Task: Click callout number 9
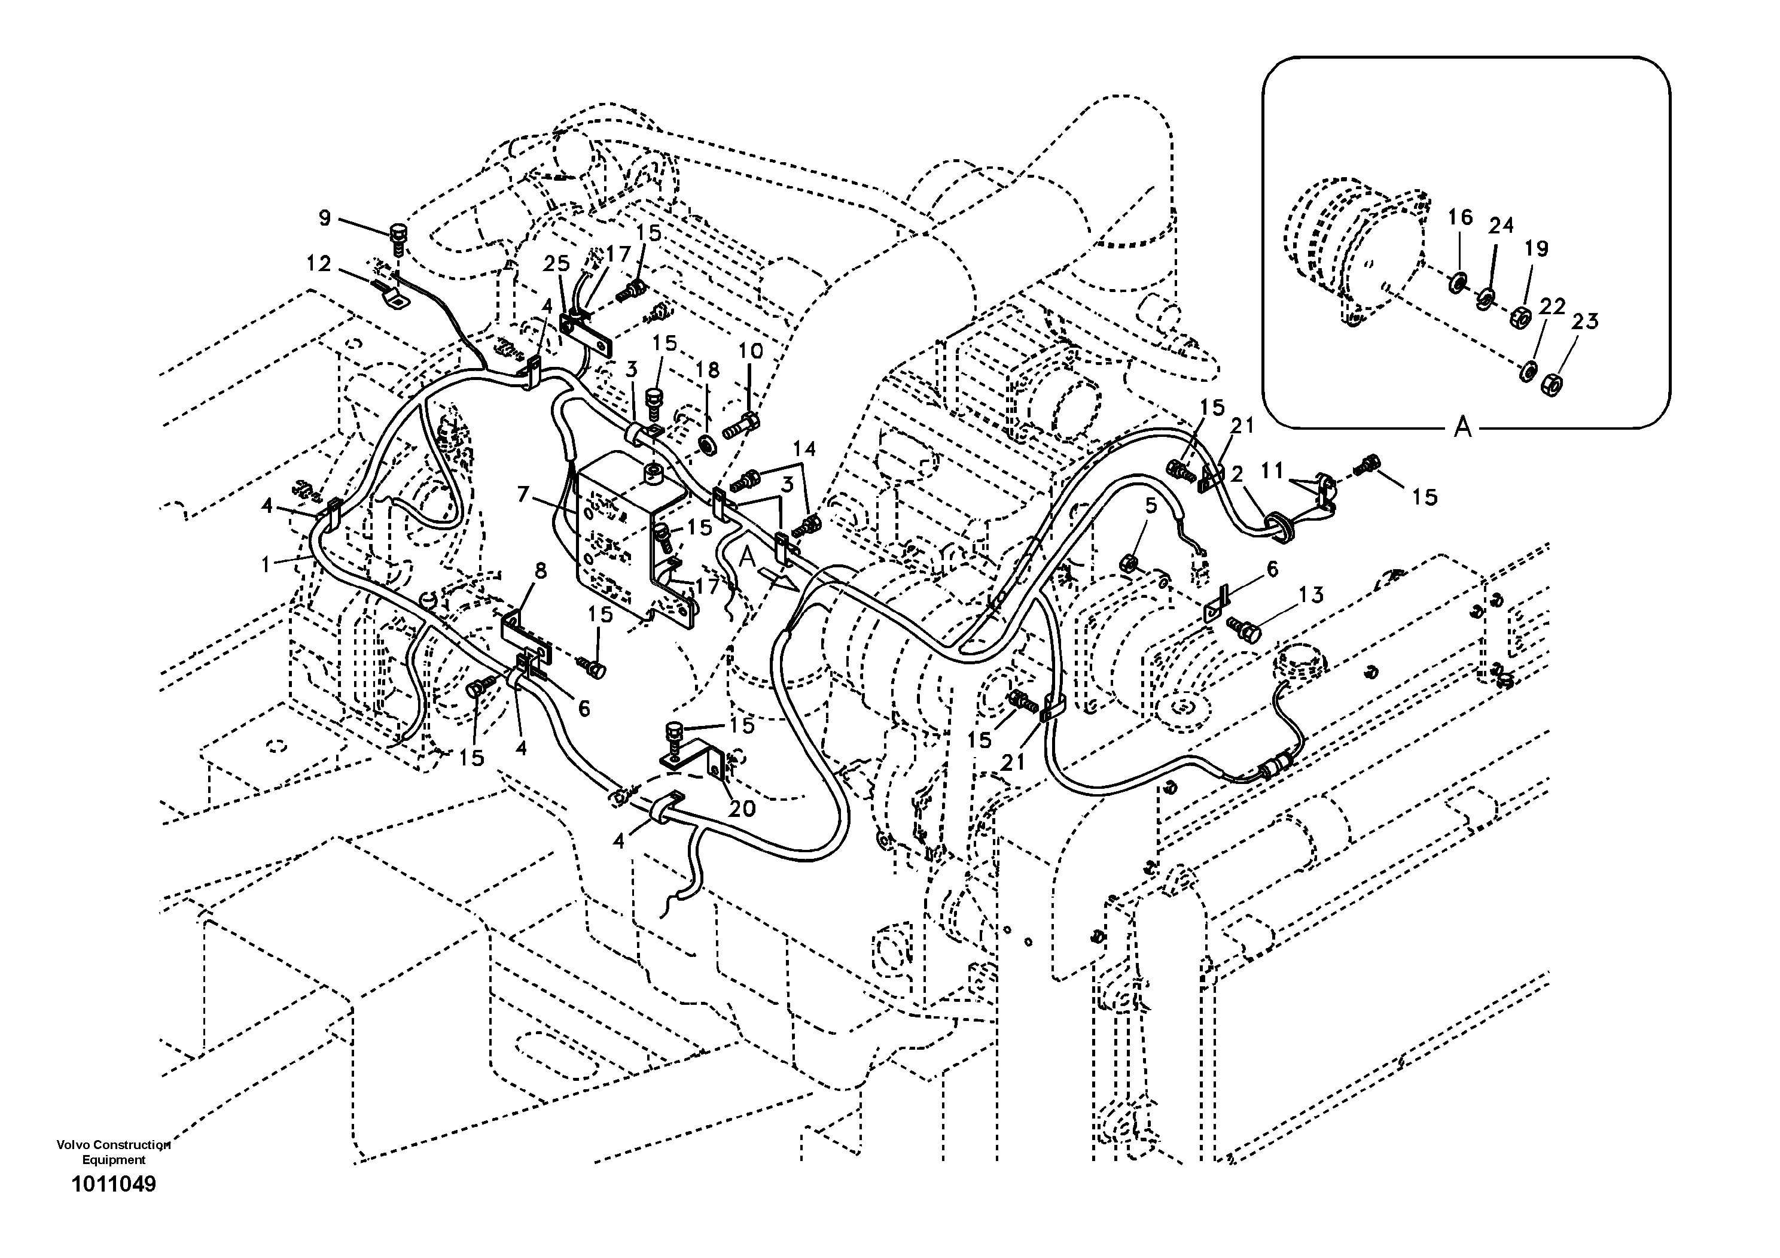(324, 218)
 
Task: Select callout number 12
(318, 264)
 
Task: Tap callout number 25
(556, 264)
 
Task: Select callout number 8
(540, 572)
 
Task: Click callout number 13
(1312, 595)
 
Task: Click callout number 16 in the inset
(1460, 217)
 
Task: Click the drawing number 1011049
(114, 1184)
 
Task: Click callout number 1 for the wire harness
(266, 564)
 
